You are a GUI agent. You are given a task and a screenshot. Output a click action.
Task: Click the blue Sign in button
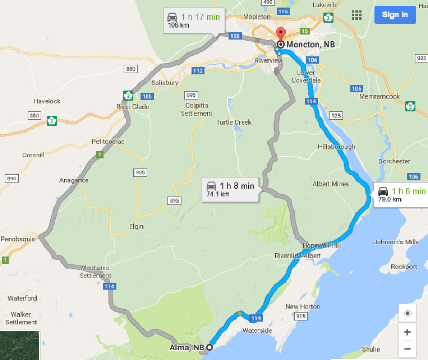[x=395, y=14]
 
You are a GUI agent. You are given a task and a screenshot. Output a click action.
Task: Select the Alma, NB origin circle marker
[x=210, y=347]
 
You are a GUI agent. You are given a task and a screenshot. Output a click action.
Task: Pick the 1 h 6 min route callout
[x=401, y=195]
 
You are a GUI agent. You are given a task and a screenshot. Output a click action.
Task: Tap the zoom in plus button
[x=407, y=332]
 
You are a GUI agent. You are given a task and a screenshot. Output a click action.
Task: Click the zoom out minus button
[x=407, y=349]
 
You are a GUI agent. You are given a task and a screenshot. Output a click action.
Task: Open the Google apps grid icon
[x=356, y=15]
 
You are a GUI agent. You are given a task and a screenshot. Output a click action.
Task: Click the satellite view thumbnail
[x=20, y=345]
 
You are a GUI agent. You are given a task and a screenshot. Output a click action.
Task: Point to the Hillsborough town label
[x=336, y=147]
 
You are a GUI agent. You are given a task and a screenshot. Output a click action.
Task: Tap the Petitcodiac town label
[x=108, y=142]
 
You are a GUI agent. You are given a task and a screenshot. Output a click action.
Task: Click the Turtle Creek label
[x=234, y=122]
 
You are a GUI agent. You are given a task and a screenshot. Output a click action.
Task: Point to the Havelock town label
[x=47, y=101]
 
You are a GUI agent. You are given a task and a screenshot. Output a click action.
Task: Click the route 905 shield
[x=140, y=172]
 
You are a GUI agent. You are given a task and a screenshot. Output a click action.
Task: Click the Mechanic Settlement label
[x=95, y=271]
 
